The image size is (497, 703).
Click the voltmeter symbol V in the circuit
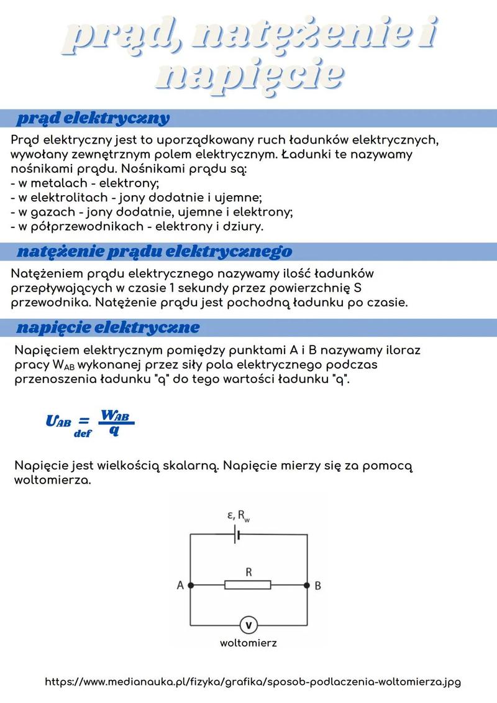pyautogui.click(x=248, y=625)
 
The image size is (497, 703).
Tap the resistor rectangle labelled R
pyautogui.click(x=248, y=585)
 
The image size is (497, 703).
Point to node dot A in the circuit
pyautogui.click(x=191, y=585)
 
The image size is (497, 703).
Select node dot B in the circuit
pyautogui.click(x=306, y=585)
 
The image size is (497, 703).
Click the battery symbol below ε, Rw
pyautogui.click(x=236, y=535)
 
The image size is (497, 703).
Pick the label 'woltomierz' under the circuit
pyautogui.click(x=248, y=643)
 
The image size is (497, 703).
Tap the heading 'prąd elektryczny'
pyautogui.click(x=93, y=118)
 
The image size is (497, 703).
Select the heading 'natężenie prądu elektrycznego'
pyautogui.click(x=154, y=252)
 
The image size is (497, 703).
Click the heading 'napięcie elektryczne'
pyautogui.click(x=108, y=328)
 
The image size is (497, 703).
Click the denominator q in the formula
pyautogui.click(x=114, y=430)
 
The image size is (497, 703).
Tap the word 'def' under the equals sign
pyautogui.click(x=83, y=434)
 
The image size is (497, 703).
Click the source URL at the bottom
pyautogui.click(x=253, y=682)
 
